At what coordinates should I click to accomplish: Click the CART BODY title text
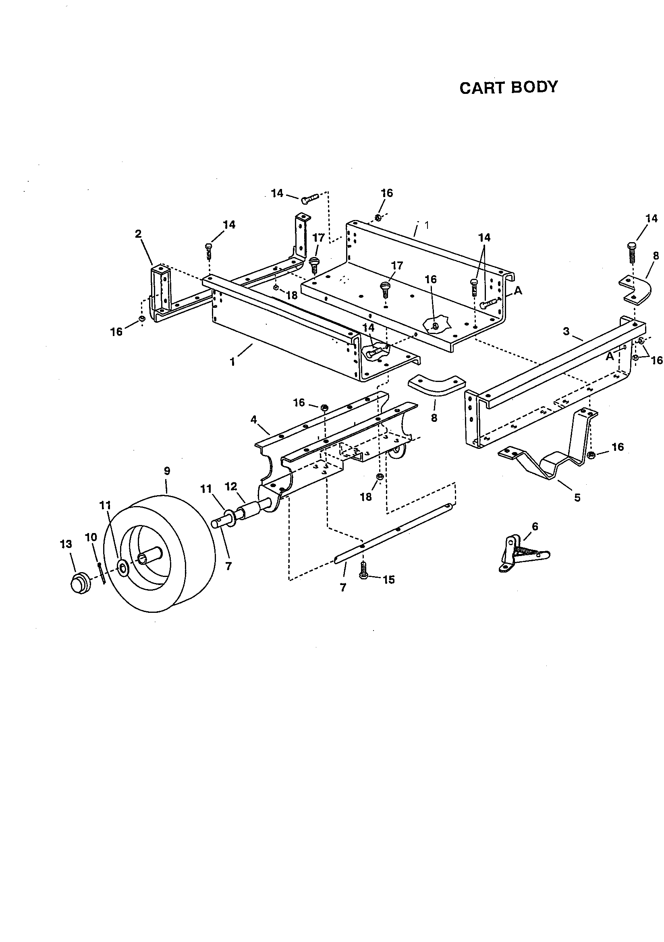(508, 87)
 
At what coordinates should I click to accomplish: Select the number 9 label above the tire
(167, 471)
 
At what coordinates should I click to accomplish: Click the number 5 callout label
(577, 498)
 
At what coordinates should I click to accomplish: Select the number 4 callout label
(253, 419)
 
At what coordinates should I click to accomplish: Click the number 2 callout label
(138, 234)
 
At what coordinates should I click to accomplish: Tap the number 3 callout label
(566, 331)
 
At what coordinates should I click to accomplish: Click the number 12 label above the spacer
(231, 487)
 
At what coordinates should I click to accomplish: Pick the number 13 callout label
(66, 544)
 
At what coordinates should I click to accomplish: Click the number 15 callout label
(389, 580)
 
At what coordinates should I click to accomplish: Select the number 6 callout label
(535, 526)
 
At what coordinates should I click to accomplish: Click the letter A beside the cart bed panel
(518, 290)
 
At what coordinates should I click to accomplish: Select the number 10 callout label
(91, 537)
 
